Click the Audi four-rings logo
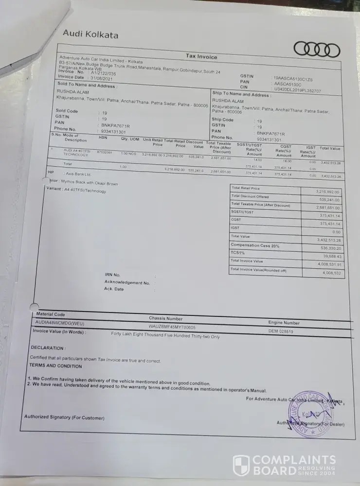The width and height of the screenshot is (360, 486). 317,50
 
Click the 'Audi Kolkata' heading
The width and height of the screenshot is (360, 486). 90,34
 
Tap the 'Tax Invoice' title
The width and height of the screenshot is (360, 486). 201,57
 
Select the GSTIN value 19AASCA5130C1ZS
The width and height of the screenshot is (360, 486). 293,78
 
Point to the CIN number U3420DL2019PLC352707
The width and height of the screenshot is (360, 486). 298,90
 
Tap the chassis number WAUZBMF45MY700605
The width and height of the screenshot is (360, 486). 172,328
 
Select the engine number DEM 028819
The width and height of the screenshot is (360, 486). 281,331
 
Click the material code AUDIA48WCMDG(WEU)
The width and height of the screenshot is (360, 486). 60,322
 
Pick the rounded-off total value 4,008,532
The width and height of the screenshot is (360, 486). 331,273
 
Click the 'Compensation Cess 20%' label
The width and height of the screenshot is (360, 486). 255,245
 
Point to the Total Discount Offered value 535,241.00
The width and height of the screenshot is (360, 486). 329,200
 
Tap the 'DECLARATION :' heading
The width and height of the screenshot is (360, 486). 48,348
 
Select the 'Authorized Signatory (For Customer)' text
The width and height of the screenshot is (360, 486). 64,417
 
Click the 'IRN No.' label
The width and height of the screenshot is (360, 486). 112,275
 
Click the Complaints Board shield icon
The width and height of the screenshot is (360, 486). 241,465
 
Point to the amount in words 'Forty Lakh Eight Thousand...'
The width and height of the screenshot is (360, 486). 165,335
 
